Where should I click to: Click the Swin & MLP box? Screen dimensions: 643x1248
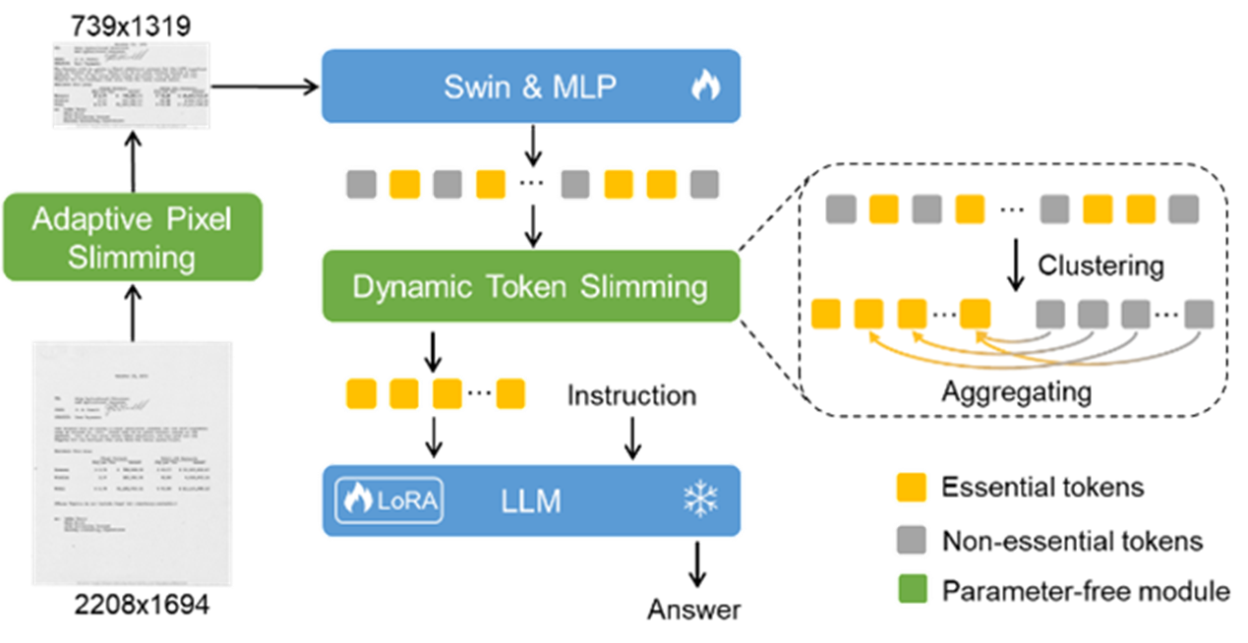[530, 87]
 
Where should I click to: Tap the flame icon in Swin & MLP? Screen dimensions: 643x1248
[704, 87]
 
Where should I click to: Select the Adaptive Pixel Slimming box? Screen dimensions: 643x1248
[133, 238]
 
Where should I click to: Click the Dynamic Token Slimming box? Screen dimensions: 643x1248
[530, 286]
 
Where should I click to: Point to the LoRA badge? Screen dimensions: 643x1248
[389, 500]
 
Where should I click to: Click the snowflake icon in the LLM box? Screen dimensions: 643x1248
[700, 500]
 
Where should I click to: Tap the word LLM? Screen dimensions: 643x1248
[530, 501]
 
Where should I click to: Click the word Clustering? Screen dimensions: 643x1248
[1100, 265]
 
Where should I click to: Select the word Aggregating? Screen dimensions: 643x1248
[1016, 390]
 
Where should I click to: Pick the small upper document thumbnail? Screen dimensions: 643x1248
[131, 85]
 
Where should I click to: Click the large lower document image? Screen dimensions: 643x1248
[132, 463]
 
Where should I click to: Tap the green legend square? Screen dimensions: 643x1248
[913, 589]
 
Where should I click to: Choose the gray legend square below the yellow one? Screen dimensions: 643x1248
[913, 539]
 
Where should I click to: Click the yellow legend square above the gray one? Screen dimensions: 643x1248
[913, 488]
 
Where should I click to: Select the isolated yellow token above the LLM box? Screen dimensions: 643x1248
[510, 393]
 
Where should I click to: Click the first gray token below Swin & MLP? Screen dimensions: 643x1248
[361, 184]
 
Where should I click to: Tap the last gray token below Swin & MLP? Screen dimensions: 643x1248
[705, 184]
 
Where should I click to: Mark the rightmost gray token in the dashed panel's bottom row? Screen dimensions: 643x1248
[1199, 314]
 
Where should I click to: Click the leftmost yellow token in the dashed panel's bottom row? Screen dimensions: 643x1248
[825, 314]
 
